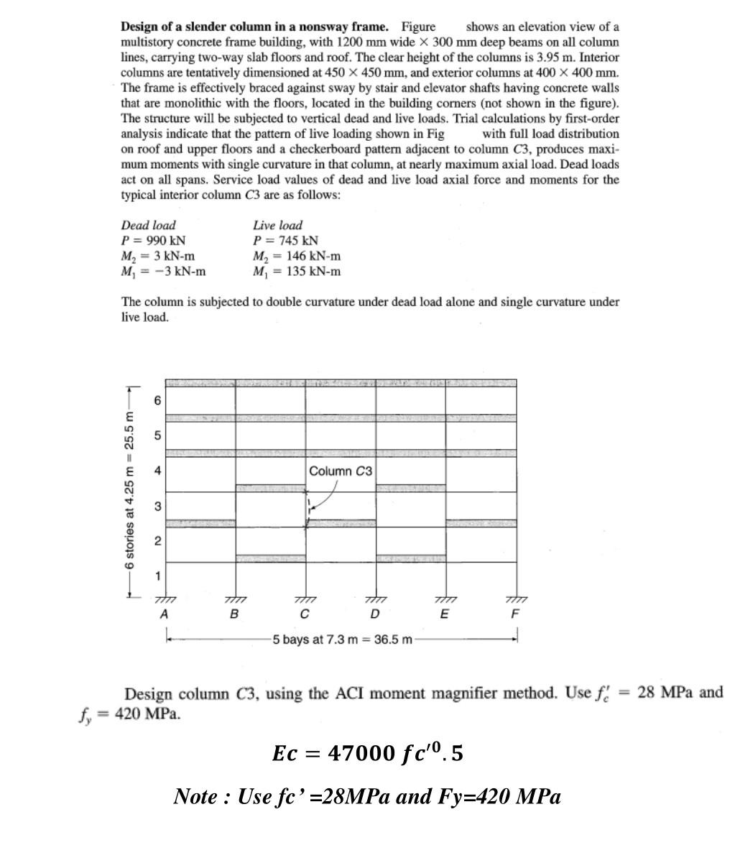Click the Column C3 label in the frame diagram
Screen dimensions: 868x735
tap(341, 471)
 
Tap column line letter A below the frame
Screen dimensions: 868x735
tap(164, 614)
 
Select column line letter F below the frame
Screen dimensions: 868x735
tap(514, 614)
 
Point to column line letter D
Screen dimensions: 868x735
tap(374, 614)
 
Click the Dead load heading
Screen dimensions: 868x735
tap(148, 225)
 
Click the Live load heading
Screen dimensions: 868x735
tap(277, 225)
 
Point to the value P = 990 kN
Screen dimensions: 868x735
tap(153, 241)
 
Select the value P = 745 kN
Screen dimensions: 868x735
tap(285, 241)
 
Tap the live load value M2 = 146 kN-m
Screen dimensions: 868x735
tap(297, 256)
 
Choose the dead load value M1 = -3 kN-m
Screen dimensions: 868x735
tap(163, 271)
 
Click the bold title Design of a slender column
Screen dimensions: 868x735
tap(254, 27)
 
